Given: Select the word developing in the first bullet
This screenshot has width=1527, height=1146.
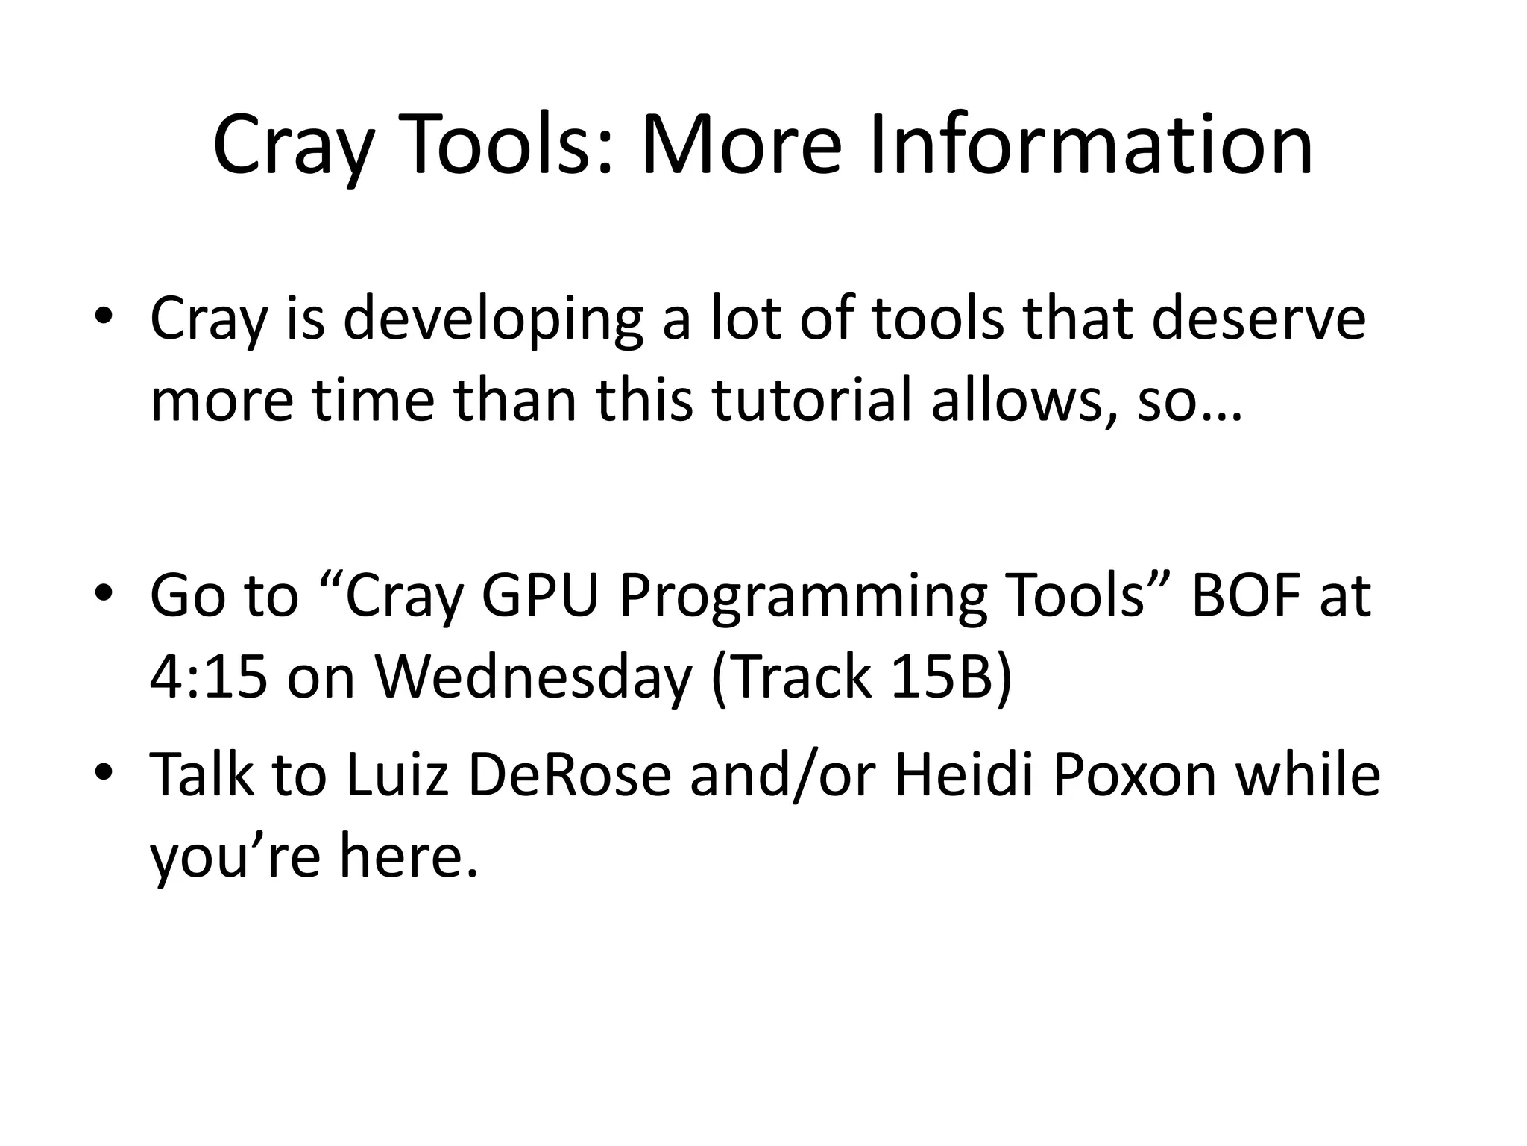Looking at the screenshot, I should pyautogui.click(x=493, y=319).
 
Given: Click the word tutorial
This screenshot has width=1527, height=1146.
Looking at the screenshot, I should pyautogui.click(x=813, y=401).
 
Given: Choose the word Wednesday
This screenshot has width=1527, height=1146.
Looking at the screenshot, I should pyautogui.click(x=533, y=679).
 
